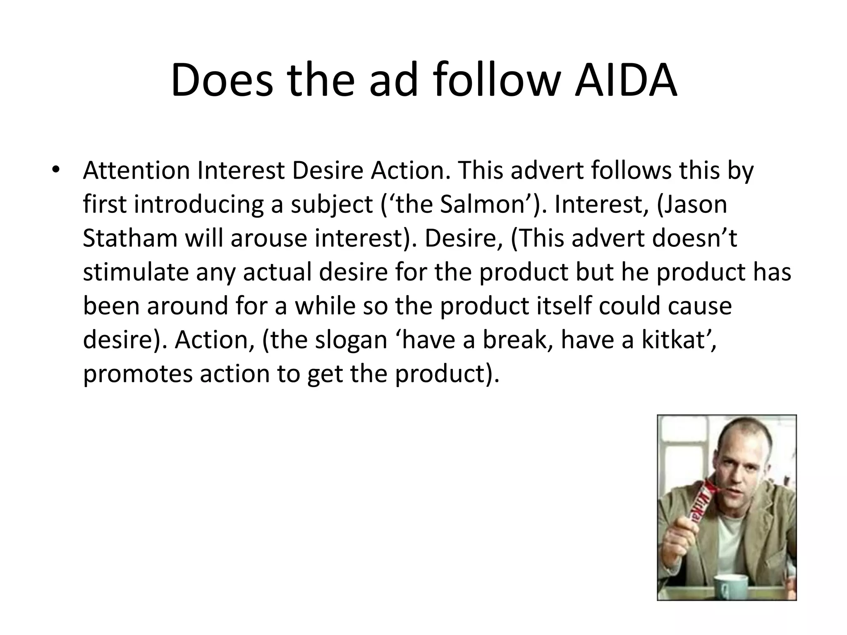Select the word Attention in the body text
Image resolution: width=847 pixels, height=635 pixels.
tap(136, 170)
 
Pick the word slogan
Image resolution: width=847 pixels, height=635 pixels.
tap(350, 340)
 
